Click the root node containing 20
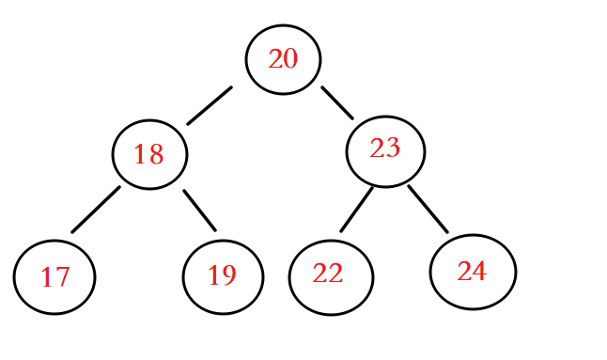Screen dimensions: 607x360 click(283, 59)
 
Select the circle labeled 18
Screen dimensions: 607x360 click(149, 154)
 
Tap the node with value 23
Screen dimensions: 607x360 click(385, 150)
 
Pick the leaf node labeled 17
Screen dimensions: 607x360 click(54, 276)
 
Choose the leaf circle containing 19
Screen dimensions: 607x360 click(223, 276)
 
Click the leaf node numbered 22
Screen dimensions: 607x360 click(331, 276)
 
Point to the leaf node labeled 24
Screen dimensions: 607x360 click(473, 272)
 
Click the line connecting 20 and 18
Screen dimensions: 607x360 click(209, 105)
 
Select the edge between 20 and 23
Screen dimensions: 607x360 click(337, 102)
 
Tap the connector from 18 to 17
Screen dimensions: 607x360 click(96, 209)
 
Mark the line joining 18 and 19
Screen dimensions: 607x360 click(199, 210)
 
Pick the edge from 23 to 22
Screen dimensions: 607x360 click(356, 209)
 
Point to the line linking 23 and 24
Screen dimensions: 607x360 click(428, 209)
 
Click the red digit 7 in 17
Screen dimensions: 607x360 click(62, 277)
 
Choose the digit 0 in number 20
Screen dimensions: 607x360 click(290, 59)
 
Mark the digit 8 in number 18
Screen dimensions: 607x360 click(156, 154)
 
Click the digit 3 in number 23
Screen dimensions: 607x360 click(392, 149)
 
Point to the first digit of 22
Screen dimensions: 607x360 click(320, 274)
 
